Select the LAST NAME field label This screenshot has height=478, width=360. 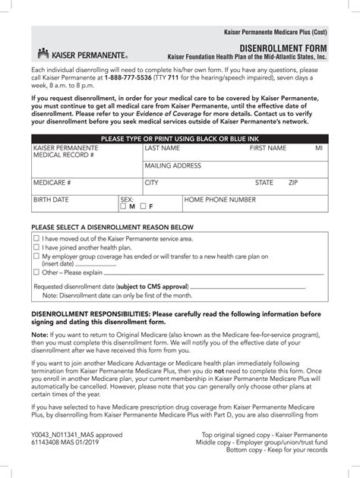[163, 149]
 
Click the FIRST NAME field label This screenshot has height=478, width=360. [268, 149]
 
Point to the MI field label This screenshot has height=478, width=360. [319, 149]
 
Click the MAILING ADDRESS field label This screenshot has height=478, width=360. [172, 165]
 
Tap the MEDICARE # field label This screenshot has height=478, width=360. [52, 183]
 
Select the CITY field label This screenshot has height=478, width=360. [152, 183]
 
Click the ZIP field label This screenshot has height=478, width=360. [293, 183]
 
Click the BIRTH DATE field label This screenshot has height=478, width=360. [51, 200]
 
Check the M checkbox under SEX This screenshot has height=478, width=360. [124, 206]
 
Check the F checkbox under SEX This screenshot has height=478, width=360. [142, 206]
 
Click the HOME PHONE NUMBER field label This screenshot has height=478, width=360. [220, 200]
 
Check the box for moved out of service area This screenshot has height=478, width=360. [36, 238]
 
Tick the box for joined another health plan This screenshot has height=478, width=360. [36, 247]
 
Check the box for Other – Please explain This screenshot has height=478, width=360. [36, 272]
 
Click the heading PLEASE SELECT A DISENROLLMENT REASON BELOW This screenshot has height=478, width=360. [112, 228]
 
